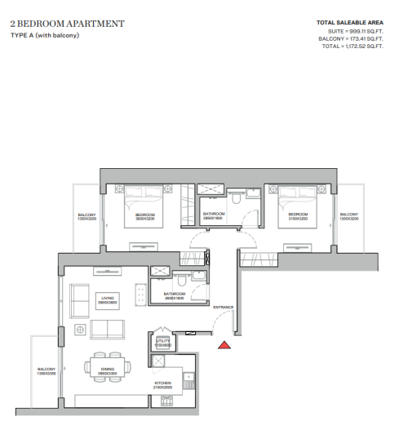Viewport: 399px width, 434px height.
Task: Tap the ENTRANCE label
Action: tap(224, 308)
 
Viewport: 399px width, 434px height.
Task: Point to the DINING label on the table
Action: tap(108, 370)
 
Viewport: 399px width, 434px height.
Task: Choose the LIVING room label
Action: tap(108, 300)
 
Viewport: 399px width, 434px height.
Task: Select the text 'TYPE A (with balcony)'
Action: tap(45, 36)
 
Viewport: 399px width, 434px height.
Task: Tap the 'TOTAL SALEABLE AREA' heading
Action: tap(349, 22)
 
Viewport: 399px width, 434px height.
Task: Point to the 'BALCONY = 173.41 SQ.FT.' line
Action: tap(352, 39)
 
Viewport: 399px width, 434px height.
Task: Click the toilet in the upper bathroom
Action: tap(235, 198)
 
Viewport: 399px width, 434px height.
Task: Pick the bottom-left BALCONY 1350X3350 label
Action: tap(47, 371)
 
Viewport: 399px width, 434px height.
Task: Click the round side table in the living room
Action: tap(80, 329)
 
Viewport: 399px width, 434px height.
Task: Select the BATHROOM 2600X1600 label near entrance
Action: tap(175, 295)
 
